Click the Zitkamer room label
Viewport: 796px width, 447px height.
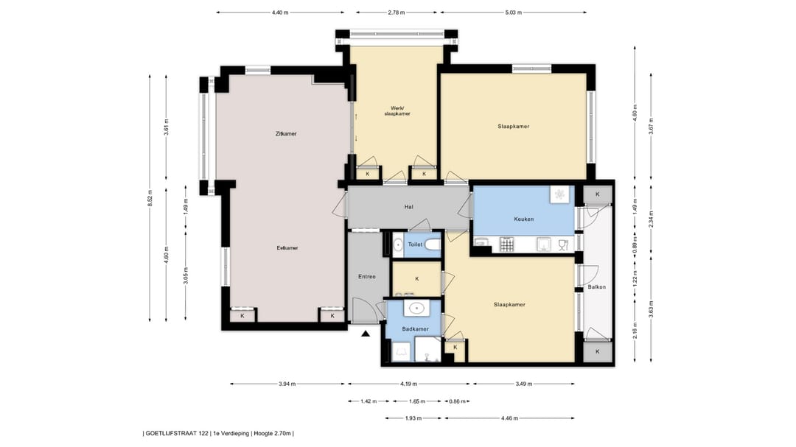[x=286, y=134]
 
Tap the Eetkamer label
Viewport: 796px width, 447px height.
[x=287, y=248]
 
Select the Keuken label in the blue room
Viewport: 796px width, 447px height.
[x=524, y=219]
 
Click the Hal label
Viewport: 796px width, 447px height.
[x=408, y=207]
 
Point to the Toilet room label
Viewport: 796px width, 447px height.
[x=415, y=244]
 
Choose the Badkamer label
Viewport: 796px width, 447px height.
[x=415, y=328]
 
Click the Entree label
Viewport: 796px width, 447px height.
[x=367, y=276]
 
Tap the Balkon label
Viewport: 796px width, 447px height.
[x=596, y=286]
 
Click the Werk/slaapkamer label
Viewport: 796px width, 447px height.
[x=397, y=110]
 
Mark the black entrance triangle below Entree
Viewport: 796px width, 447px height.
[x=366, y=334]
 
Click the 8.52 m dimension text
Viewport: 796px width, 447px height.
[x=150, y=198]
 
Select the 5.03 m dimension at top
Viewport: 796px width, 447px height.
[x=513, y=13]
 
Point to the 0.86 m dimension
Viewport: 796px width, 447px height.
[x=457, y=401]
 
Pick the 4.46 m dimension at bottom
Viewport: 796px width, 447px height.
[x=509, y=418]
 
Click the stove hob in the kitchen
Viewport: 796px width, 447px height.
[x=507, y=244]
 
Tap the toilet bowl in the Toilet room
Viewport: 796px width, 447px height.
[x=432, y=244]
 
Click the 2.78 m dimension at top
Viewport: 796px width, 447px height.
[x=396, y=13]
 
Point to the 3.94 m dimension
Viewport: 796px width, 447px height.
[x=287, y=384]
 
